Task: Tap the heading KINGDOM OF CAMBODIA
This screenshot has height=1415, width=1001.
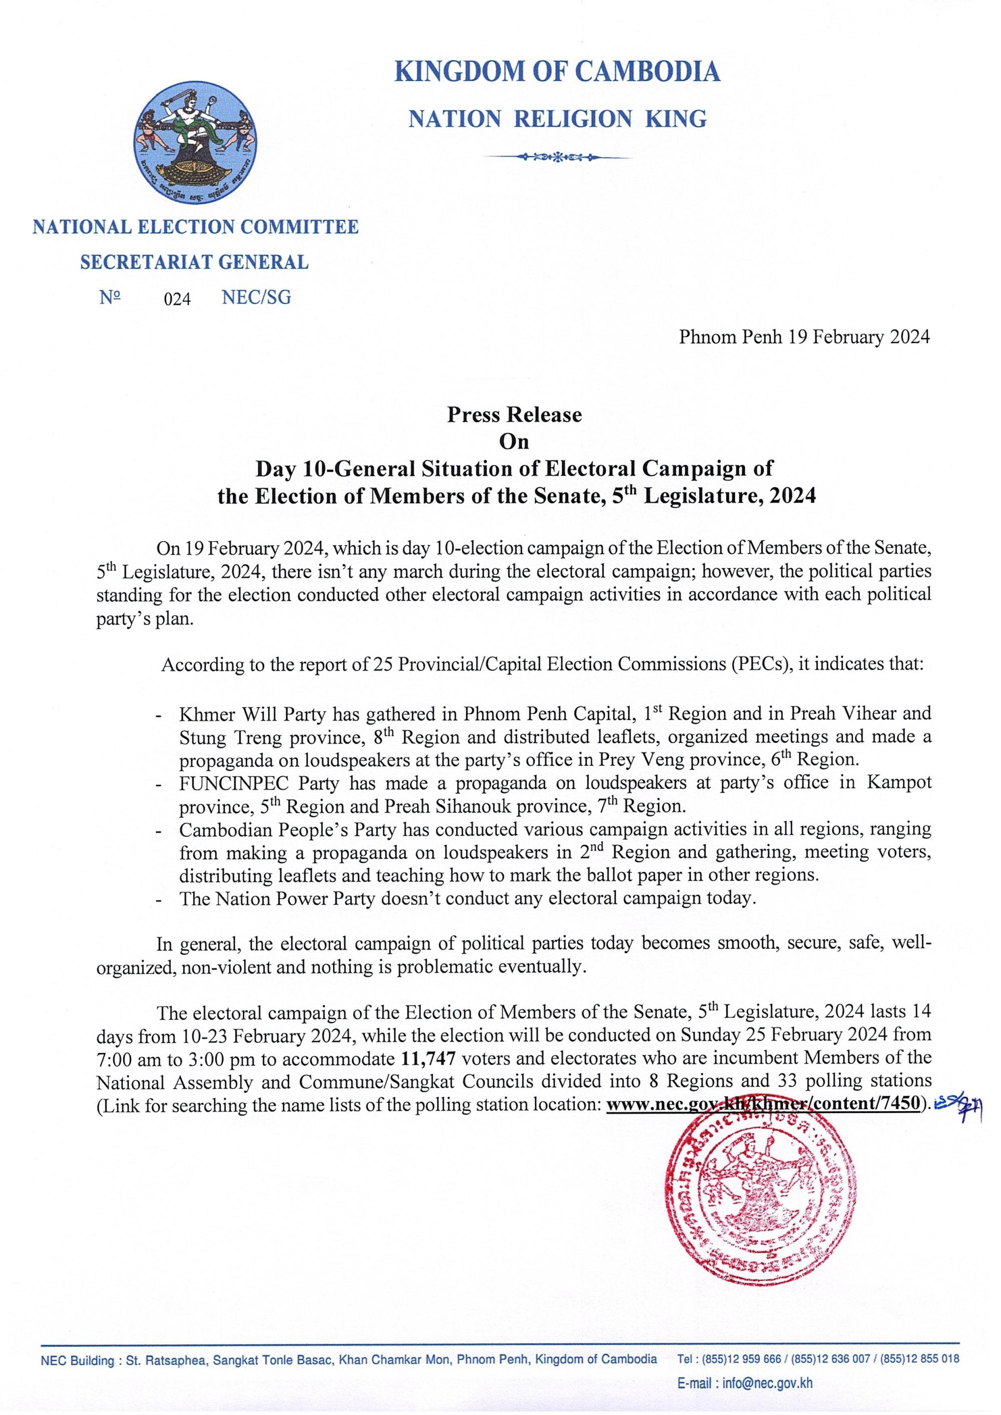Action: (557, 72)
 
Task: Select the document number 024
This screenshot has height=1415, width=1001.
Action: (177, 299)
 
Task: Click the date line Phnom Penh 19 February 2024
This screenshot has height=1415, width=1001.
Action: (804, 337)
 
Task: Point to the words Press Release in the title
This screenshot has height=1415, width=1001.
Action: (514, 415)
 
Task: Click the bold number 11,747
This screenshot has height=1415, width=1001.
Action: (428, 1059)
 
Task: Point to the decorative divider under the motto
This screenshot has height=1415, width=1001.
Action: (557, 157)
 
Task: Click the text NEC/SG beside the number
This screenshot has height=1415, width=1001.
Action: (256, 298)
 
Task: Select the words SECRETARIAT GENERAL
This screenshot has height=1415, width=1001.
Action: (194, 263)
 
